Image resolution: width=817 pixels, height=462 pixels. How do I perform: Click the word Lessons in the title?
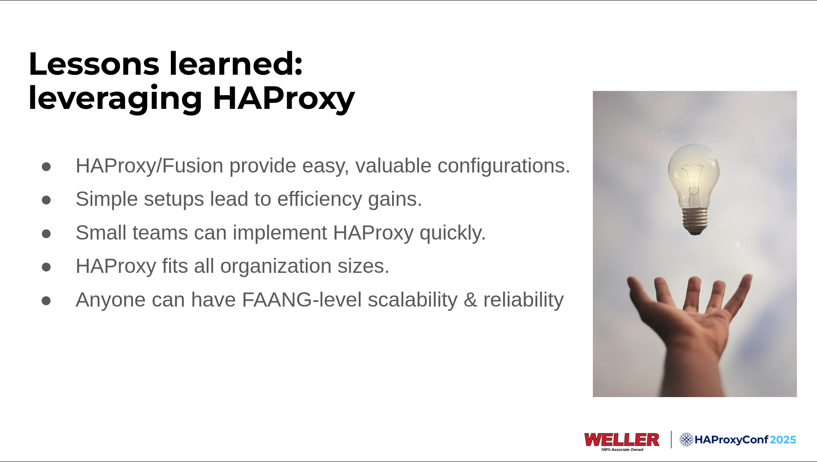pos(94,64)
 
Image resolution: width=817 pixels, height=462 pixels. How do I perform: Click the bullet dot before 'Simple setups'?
pos(46,200)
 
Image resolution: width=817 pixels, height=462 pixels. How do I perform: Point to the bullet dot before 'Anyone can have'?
pos(46,301)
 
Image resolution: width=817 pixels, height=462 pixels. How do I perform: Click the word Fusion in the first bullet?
pos(193,166)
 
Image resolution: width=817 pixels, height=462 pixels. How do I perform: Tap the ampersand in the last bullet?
pos(470,300)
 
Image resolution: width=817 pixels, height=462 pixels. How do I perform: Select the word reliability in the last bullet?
pos(523,300)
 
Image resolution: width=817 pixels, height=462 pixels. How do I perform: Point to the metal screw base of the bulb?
pos(695,221)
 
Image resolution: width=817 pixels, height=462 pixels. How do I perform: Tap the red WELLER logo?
pos(622,439)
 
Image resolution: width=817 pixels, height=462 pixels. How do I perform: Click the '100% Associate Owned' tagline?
pos(622,450)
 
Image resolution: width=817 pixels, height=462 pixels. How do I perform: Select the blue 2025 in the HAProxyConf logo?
pos(783,440)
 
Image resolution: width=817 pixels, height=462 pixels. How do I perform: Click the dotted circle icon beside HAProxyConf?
pos(686,439)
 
